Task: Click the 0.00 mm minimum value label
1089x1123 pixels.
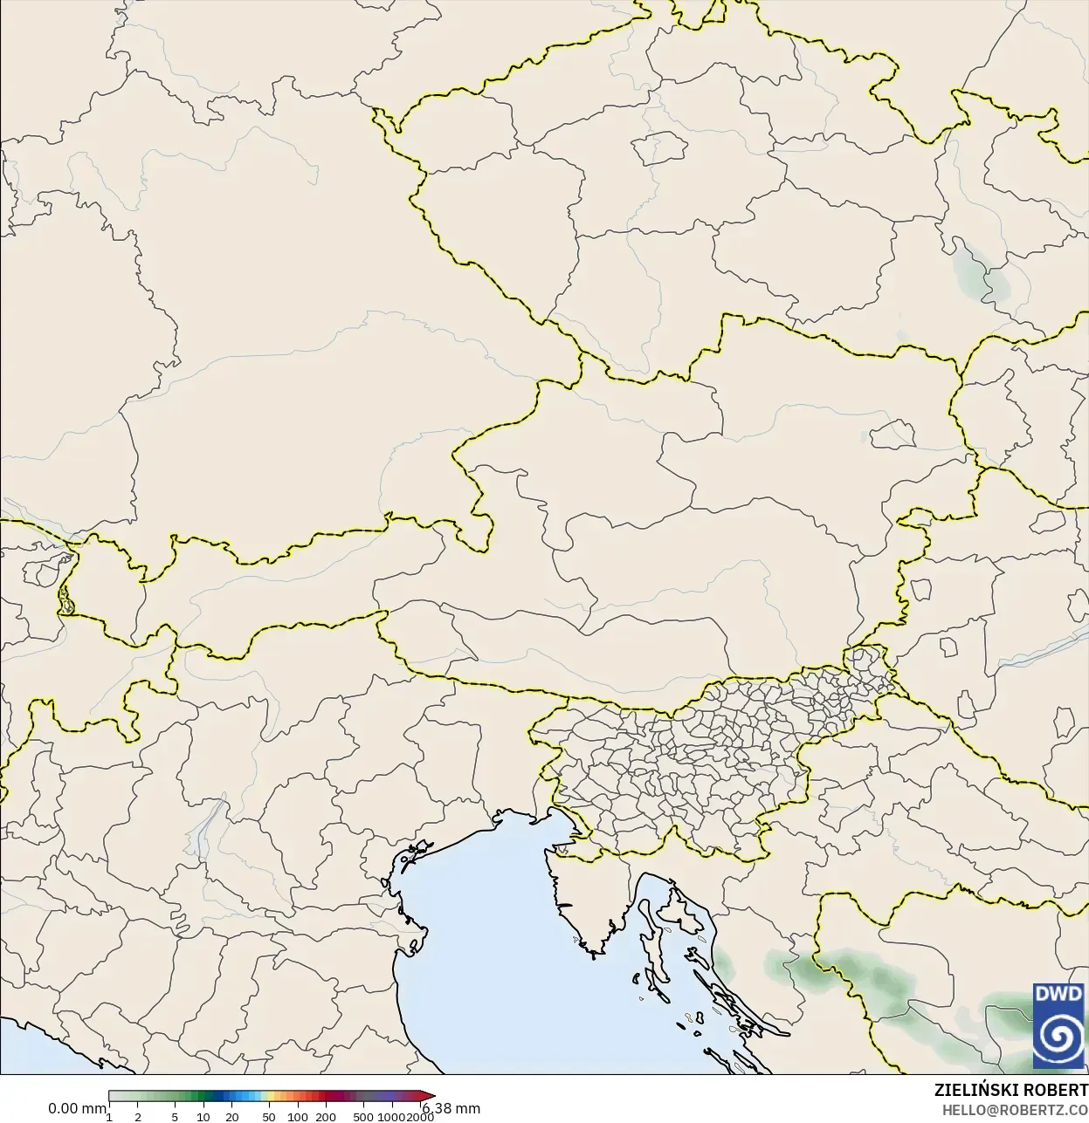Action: [77, 1109]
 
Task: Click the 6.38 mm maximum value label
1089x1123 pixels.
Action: [451, 1109]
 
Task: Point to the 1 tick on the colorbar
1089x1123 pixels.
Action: [109, 1117]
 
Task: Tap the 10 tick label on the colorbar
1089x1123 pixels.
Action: [203, 1117]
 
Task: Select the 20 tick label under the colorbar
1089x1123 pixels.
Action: [232, 1117]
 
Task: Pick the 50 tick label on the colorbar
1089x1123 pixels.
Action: [269, 1117]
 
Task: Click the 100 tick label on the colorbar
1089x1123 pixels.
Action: [298, 1117]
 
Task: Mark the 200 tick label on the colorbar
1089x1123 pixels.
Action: [326, 1117]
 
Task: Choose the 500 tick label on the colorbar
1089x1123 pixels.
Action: [363, 1117]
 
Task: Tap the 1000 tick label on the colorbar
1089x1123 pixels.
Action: [390, 1117]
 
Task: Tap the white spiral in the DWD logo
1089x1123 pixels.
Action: [1058, 1038]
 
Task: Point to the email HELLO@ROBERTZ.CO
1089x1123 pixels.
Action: [1015, 1110]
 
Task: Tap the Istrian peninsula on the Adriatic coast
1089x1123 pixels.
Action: [585, 899]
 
